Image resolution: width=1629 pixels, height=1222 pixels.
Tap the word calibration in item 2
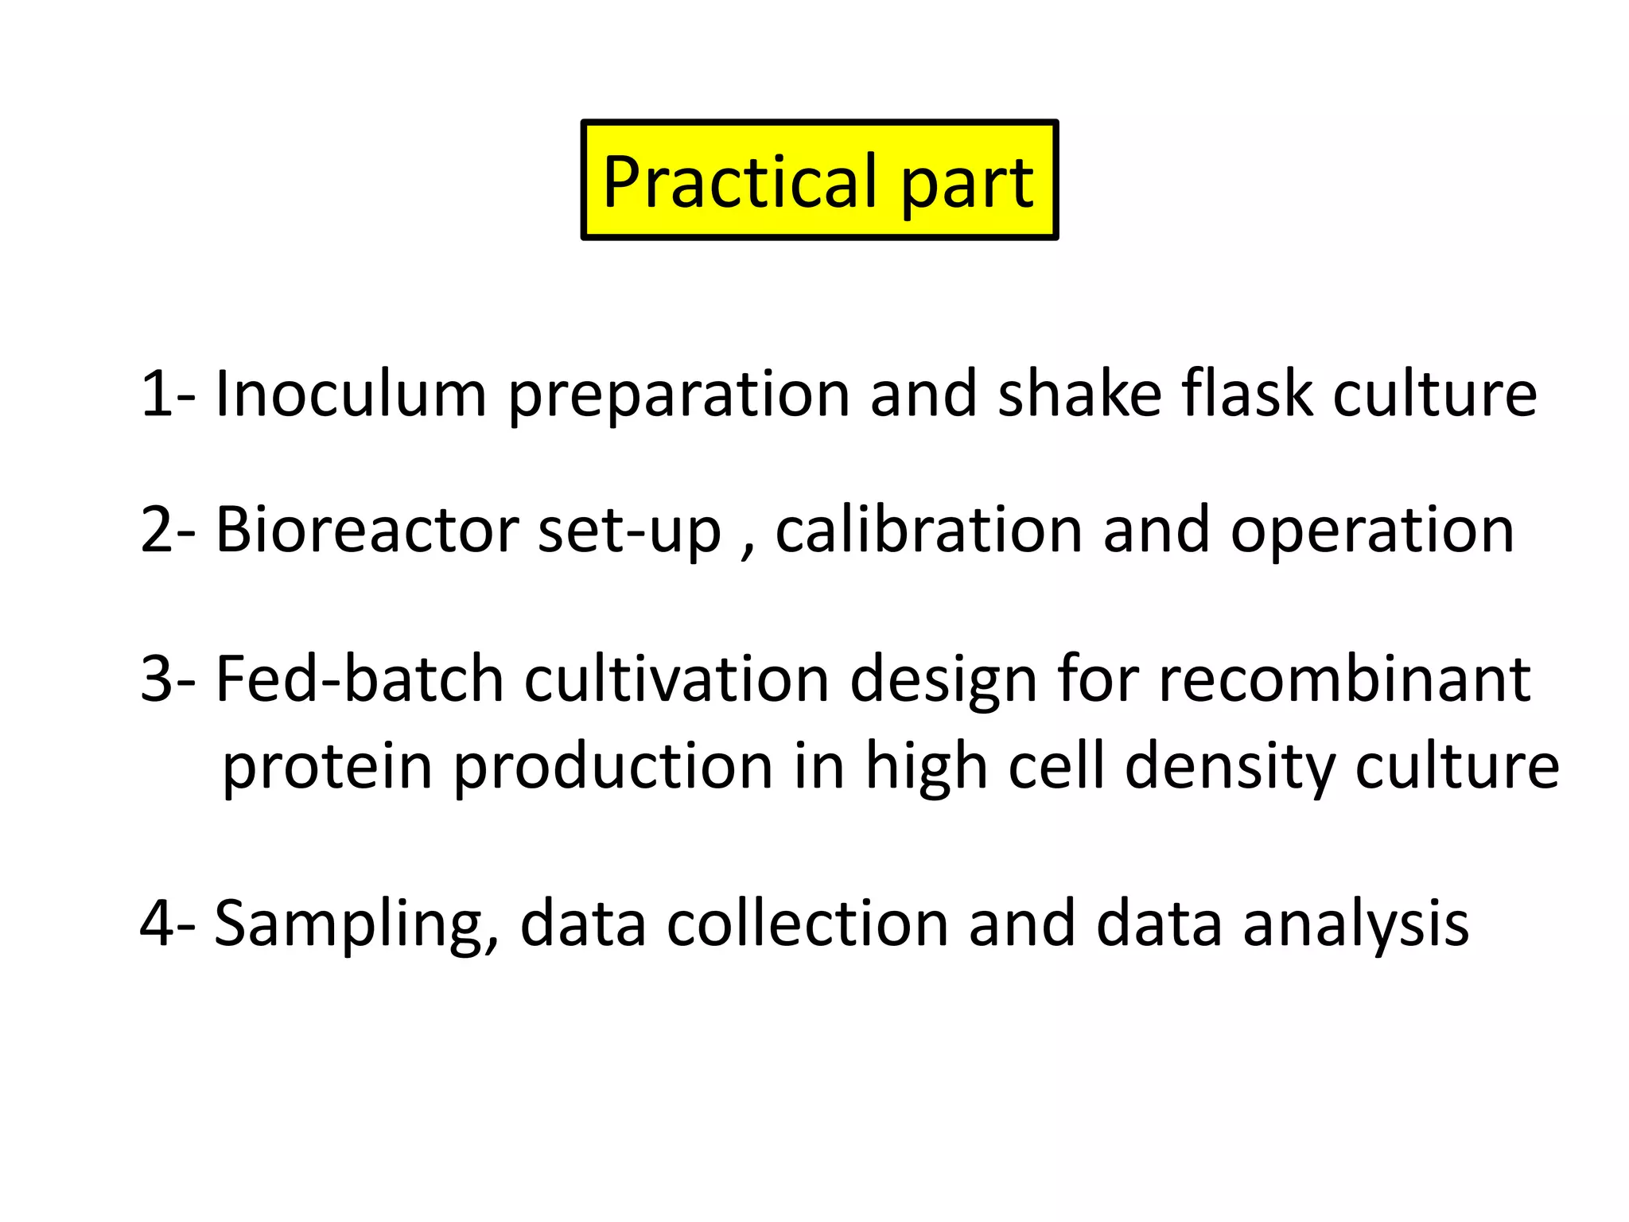coord(928,530)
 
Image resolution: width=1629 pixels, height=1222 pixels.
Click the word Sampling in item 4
coord(357,925)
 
